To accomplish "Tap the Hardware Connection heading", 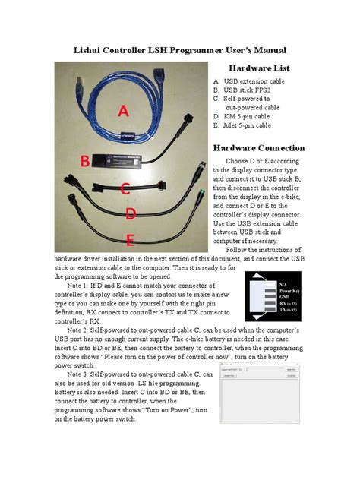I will click(259, 147).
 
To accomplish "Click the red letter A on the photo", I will click(121, 112).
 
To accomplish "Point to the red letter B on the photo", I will click(86, 160).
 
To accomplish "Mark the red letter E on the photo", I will click(130, 241).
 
